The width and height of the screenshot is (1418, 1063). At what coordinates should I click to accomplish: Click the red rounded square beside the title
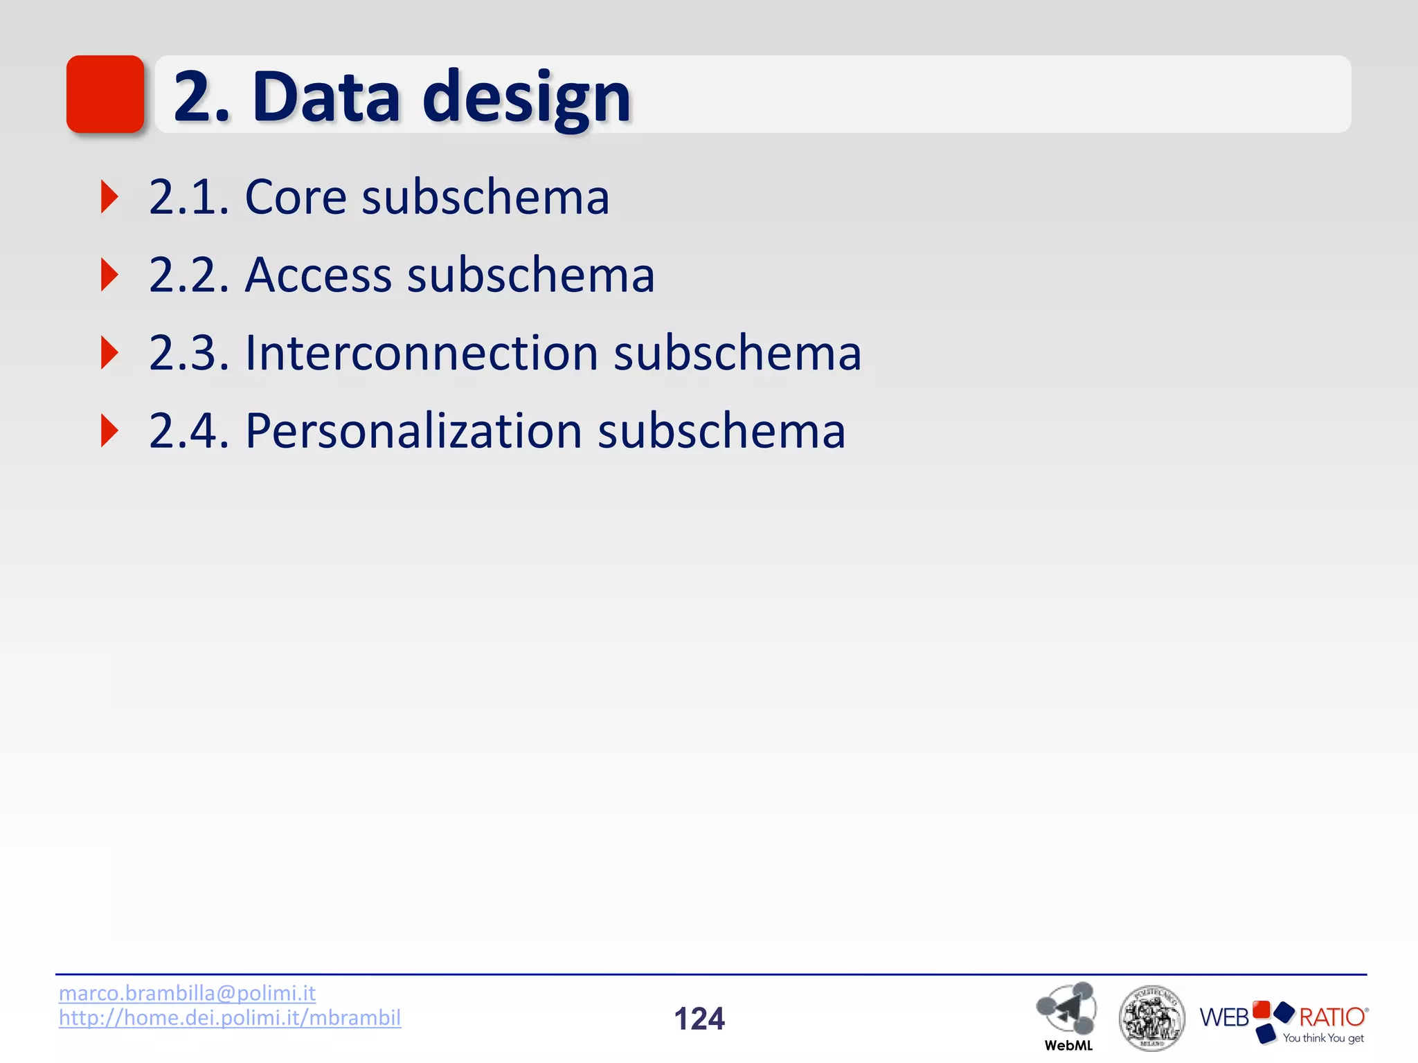[x=105, y=94]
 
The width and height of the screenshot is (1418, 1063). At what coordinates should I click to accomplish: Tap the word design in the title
[x=526, y=98]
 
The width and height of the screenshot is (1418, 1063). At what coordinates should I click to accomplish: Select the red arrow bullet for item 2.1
[x=109, y=197]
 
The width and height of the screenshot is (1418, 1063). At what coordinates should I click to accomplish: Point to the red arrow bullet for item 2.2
[x=109, y=275]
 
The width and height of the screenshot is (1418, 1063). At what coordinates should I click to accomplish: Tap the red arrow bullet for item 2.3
[x=109, y=353]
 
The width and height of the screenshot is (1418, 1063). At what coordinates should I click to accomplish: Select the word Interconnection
[x=421, y=353]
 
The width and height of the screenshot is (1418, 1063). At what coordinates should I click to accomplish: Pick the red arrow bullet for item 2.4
[x=109, y=431]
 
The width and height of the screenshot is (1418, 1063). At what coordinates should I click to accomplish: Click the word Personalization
[x=413, y=431]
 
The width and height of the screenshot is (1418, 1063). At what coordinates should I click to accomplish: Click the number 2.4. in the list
[x=188, y=431]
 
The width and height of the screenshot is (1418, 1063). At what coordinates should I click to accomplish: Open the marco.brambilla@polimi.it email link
[x=187, y=993]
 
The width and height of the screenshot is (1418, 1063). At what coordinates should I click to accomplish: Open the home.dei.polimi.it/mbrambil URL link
[x=230, y=1018]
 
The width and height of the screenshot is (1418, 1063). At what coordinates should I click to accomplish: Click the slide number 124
[x=699, y=1019]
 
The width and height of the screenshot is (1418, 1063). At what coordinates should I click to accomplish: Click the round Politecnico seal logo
[x=1151, y=1018]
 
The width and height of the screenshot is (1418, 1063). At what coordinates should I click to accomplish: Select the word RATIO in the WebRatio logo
[x=1331, y=1017]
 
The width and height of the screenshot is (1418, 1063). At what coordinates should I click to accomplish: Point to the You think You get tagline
[x=1322, y=1038]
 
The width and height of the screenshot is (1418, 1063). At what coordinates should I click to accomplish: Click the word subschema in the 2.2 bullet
[x=530, y=275]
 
